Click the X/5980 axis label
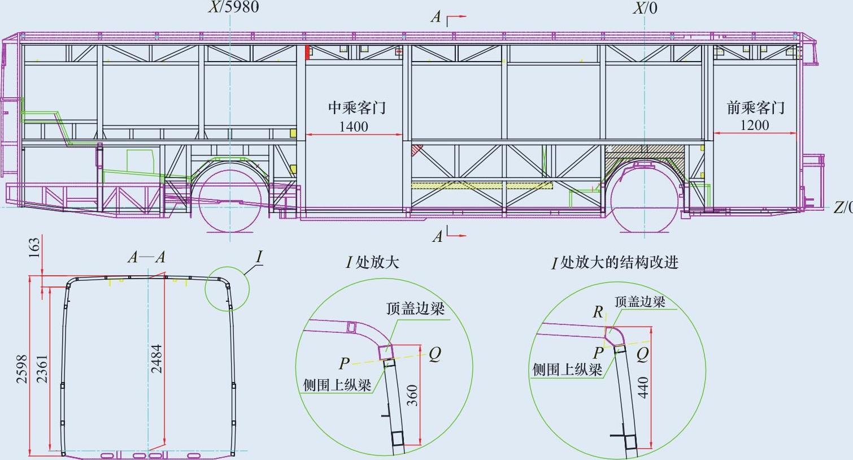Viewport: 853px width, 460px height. click(233, 7)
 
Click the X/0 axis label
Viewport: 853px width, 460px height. click(645, 8)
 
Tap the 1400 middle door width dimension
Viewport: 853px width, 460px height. click(354, 127)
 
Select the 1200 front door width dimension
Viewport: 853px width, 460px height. click(755, 125)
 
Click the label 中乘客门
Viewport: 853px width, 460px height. click(357, 108)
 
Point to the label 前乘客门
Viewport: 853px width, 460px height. click(755, 107)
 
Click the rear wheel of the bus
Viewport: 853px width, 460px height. click(230, 199)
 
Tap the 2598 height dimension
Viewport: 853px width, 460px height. click(21, 368)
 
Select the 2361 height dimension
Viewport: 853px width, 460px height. click(42, 368)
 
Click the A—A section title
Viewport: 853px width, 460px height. click(146, 258)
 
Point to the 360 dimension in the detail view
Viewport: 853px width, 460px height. click(412, 395)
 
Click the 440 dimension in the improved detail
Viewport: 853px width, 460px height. click(642, 387)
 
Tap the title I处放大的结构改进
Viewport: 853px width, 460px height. click(615, 263)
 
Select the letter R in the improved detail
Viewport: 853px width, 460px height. click(598, 312)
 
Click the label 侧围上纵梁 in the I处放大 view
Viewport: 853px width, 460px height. click(337, 385)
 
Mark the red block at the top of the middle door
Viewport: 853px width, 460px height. click(308, 53)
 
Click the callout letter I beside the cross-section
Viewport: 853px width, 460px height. click(259, 258)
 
